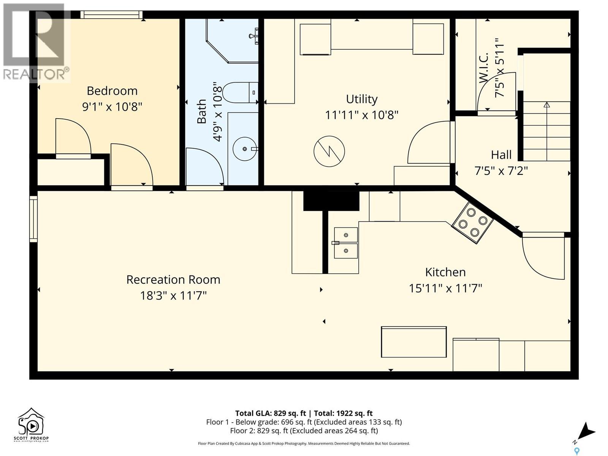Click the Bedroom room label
click(112, 91)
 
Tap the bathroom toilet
click(240, 92)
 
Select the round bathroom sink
click(245, 149)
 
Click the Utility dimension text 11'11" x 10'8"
click(361, 115)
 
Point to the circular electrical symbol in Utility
click(329, 151)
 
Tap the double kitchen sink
click(346, 243)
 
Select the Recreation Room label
click(173, 280)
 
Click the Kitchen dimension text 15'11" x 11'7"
click(445, 288)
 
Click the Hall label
click(501, 155)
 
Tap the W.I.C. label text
click(484, 68)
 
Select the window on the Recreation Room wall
click(33, 219)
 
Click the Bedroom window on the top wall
click(111, 15)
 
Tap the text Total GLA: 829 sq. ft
click(271, 413)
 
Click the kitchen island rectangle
click(414, 342)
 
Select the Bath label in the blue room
click(202, 111)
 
